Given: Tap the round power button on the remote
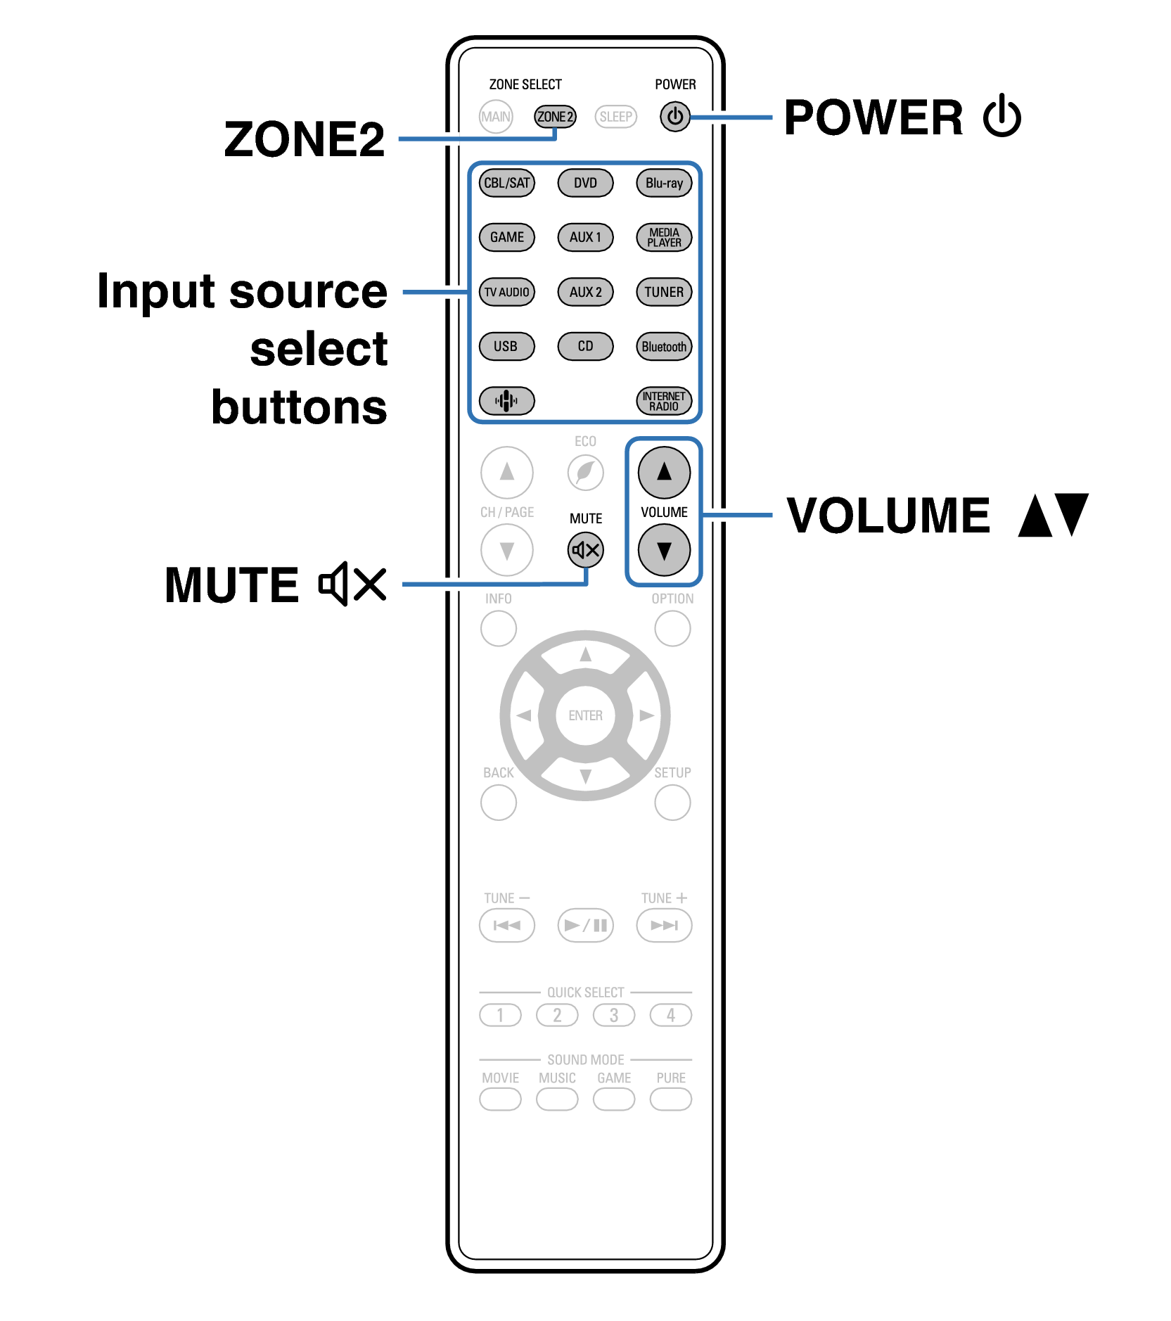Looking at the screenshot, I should tap(674, 117).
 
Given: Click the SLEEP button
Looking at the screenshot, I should tap(615, 117).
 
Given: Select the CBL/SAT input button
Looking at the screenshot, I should tap(506, 184).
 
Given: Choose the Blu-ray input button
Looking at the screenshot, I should tap(664, 184).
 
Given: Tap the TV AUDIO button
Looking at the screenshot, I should tap(506, 292).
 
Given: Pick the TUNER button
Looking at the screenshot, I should tap(664, 292).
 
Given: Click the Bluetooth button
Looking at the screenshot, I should tap(664, 347).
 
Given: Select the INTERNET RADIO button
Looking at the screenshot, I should tap(664, 401).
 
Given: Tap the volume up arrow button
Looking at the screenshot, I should tap(664, 472).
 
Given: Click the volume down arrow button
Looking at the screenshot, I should tap(664, 550).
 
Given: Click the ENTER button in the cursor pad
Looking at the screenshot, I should tap(585, 715).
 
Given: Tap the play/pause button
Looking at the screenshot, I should tap(585, 925).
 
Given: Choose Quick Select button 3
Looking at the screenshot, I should tap(614, 1015).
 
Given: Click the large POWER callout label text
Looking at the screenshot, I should tap(873, 117).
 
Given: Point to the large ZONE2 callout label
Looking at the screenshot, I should tap(305, 139).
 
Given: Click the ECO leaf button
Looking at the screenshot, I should tap(585, 472).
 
